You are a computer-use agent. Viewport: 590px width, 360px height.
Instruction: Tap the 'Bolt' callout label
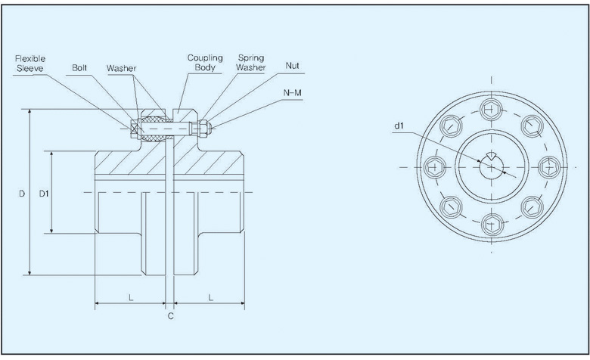tap(80, 67)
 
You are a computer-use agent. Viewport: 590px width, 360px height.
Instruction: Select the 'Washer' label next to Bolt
tap(121, 67)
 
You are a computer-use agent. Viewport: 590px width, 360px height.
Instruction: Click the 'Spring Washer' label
tap(251, 61)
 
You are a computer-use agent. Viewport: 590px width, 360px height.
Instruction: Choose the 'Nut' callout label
tap(292, 66)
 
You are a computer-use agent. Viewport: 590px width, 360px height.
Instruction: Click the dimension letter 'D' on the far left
tap(22, 194)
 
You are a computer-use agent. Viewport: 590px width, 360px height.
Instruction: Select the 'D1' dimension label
tap(44, 194)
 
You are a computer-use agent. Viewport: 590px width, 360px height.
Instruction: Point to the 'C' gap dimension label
tap(170, 316)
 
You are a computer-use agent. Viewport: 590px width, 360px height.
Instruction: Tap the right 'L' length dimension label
tap(210, 298)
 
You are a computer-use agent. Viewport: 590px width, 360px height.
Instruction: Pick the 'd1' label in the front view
tap(399, 127)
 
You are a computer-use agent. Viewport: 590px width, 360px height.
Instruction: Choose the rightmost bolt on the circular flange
tap(550, 166)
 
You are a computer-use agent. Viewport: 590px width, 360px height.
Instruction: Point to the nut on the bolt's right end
tap(202, 128)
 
